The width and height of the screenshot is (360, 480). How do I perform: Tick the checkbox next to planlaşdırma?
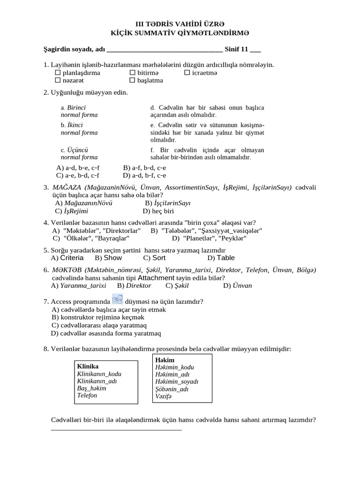pyautogui.click(x=58, y=73)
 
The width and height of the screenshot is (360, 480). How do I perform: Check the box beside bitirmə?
pyautogui.click(x=132, y=73)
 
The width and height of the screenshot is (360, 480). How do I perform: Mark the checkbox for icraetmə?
pyautogui.click(x=187, y=73)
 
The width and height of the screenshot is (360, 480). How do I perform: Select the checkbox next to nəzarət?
pyautogui.click(x=58, y=81)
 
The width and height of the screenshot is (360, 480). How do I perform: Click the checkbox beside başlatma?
pyautogui.click(x=132, y=81)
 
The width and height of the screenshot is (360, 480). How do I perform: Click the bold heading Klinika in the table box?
pyautogui.click(x=88, y=366)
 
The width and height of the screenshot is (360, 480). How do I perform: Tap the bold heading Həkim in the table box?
pyautogui.click(x=165, y=359)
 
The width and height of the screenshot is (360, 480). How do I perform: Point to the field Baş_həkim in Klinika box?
pyautogui.click(x=91, y=388)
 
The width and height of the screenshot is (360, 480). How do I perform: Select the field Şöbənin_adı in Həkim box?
pyautogui.click(x=172, y=389)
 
